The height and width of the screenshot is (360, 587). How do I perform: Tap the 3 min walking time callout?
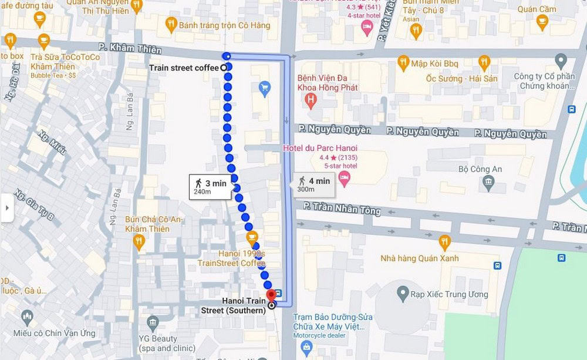[x=210, y=187]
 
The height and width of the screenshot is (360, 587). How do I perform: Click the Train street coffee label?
[x=184, y=68]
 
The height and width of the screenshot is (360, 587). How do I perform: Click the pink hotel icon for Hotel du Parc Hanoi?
[x=345, y=177]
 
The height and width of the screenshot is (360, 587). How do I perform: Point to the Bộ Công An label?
[x=480, y=170]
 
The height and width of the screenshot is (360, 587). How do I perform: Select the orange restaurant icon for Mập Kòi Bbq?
[x=403, y=62]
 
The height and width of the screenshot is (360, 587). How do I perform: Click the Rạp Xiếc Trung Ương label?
[x=450, y=294]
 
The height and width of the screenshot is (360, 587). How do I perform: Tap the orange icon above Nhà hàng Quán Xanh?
[x=444, y=241]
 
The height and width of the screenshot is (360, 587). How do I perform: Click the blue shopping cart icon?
[x=264, y=88]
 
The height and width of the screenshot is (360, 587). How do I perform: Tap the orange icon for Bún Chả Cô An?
[x=139, y=241]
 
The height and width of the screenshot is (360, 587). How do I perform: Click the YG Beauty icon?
[x=153, y=322]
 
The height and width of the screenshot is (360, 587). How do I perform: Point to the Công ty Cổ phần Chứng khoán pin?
[x=561, y=60]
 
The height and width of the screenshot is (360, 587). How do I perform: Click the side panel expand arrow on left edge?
[x=6, y=208]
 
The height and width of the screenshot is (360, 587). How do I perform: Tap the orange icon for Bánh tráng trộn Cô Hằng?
[x=171, y=25]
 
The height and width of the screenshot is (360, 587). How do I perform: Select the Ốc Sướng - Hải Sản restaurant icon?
[x=484, y=62]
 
